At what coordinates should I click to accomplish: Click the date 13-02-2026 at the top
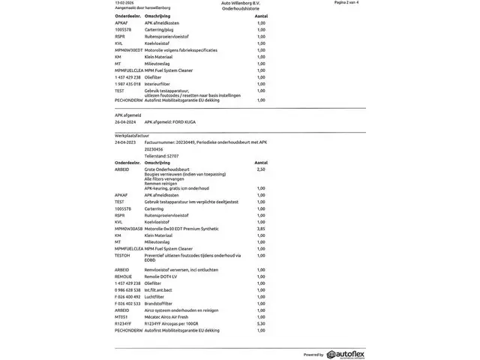tap(124, 3)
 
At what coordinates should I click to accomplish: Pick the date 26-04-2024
tap(125, 121)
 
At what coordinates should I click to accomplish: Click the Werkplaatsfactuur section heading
tap(132, 136)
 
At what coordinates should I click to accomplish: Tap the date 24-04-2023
tap(125, 142)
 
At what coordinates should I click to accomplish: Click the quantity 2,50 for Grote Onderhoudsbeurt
tap(261, 169)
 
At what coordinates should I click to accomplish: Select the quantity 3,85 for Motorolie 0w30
tap(261, 229)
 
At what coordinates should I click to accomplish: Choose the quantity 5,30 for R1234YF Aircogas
tap(261, 323)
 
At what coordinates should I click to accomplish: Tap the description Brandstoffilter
tap(158, 303)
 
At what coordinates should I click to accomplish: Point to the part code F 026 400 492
tap(128, 296)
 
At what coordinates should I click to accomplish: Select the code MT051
tap(121, 316)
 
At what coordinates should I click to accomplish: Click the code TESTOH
tap(122, 255)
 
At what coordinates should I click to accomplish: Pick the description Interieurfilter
tap(158, 84)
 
